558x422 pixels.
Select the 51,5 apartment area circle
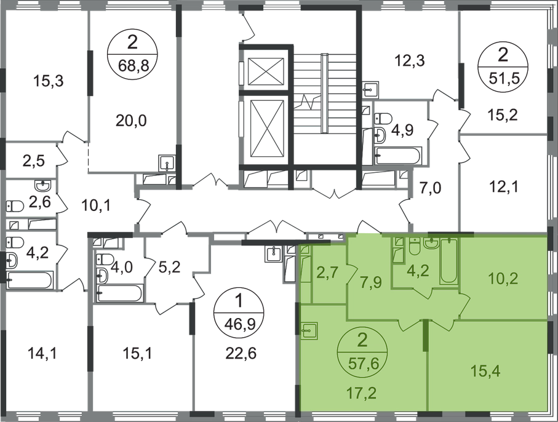[x=503, y=67]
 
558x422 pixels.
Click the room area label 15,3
[x=48, y=81]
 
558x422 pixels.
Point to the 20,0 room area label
[x=131, y=121]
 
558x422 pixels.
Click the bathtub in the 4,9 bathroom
[x=399, y=156]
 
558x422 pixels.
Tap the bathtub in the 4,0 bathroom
[x=121, y=293]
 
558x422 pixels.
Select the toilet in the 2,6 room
[x=15, y=205]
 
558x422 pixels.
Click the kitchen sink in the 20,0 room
[x=167, y=163]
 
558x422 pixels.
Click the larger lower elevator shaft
[x=267, y=129]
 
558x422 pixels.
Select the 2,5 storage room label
[x=33, y=161]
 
